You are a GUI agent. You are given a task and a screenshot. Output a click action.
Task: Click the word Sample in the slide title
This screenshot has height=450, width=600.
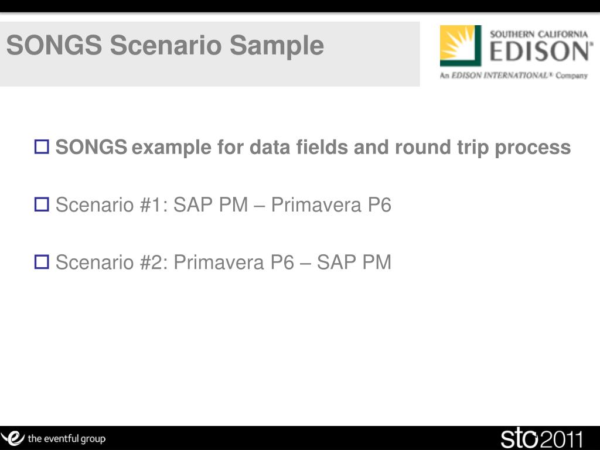(277, 46)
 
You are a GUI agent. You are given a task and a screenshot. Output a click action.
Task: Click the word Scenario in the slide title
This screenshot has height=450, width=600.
(166, 45)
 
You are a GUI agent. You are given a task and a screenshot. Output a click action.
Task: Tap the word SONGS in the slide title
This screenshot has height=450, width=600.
(54, 45)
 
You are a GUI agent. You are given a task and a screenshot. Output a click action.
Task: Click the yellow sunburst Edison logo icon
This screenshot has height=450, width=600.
(461, 46)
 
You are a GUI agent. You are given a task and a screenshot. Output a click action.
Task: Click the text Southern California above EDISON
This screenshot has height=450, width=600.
(539, 34)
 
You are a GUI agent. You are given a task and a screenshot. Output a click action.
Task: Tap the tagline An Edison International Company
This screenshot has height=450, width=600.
(513, 76)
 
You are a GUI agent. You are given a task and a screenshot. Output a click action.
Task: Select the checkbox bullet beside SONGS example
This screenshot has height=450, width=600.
(42, 146)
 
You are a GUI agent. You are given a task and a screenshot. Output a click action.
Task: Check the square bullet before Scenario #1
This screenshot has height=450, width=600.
(42, 204)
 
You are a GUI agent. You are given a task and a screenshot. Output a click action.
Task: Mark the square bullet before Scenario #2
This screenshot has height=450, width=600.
(42, 262)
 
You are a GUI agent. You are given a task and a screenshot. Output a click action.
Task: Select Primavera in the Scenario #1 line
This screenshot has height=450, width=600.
(316, 204)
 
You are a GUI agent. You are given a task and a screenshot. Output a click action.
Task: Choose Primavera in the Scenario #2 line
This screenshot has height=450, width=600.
(219, 262)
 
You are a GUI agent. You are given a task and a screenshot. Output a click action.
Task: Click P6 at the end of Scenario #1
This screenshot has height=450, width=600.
(380, 204)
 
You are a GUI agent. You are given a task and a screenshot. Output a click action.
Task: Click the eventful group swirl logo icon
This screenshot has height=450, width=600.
(13, 438)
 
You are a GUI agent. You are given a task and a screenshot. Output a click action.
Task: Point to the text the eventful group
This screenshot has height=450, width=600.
(67, 438)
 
